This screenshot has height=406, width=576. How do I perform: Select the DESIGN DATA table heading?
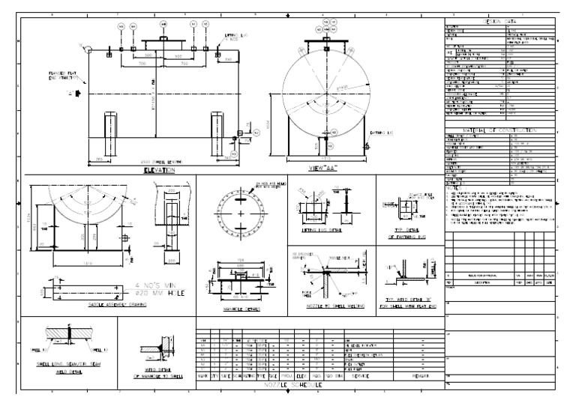499,21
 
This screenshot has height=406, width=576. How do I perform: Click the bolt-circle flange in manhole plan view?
241,214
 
